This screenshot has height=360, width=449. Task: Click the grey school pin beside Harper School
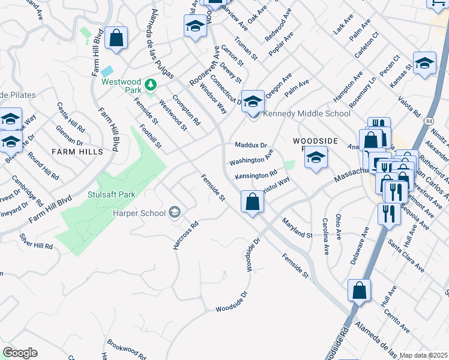click(x=174, y=211)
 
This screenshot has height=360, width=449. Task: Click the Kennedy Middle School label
click(x=307, y=113)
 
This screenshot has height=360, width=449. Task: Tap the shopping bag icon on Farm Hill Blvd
click(x=116, y=38)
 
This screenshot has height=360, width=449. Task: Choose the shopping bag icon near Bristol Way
click(x=253, y=202)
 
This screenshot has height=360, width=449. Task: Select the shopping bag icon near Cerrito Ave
click(x=359, y=291)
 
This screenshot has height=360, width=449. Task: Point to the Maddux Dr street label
click(x=250, y=145)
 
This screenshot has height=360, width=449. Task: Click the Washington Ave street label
click(x=251, y=161)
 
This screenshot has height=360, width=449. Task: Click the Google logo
click(x=20, y=353)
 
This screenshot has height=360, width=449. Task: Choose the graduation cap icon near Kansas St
click(x=424, y=63)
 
